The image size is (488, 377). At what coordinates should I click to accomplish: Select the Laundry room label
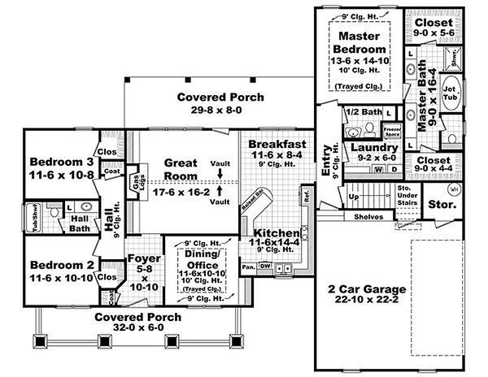375,149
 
